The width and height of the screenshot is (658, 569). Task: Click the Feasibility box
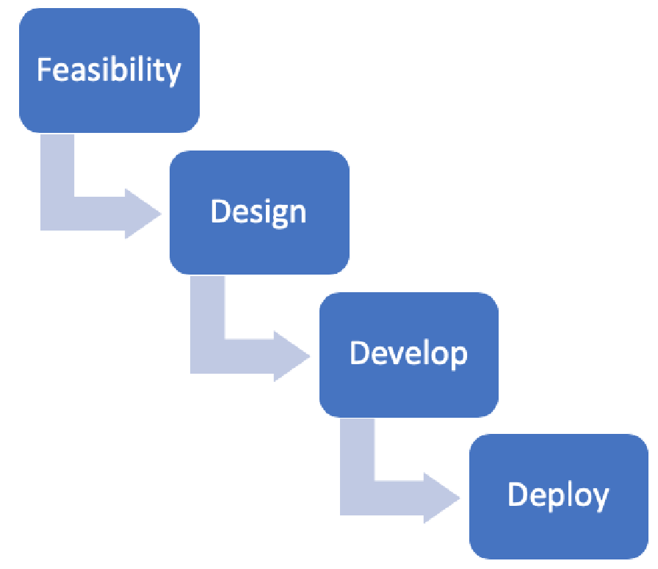pos(109,70)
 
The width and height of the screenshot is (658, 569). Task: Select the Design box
pos(259,212)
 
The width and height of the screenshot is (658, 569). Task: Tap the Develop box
pos(409,355)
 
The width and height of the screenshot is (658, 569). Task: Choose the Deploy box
pos(559,496)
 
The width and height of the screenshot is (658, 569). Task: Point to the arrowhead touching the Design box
pos(142,214)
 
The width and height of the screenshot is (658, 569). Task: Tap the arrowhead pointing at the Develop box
pos(292,356)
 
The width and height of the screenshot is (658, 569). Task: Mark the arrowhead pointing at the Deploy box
pos(441,498)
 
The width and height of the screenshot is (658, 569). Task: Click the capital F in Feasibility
pos(45,69)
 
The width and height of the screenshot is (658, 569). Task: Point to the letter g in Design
pos(265,216)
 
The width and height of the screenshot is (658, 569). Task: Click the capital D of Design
pos(220,211)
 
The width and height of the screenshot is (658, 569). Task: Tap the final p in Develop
pos(459,358)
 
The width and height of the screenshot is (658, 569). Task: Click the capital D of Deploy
pos(518,494)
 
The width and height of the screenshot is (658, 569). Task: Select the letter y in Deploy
pos(599,499)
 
